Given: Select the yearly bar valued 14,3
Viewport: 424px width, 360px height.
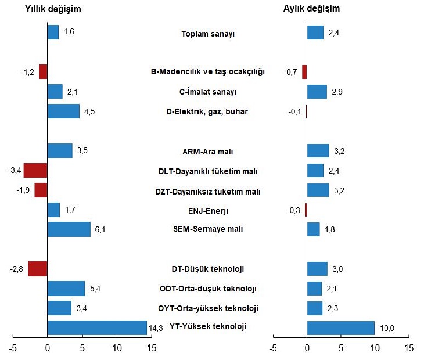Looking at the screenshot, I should pyautogui.click(x=97, y=327).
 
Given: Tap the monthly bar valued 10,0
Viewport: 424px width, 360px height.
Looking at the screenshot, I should pyautogui.click(x=340, y=328).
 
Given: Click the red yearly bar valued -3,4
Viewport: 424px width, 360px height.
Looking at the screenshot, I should pyautogui.click(x=35, y=171).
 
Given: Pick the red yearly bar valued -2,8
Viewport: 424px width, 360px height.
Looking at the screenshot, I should pyautogui.click(x=38, y=269).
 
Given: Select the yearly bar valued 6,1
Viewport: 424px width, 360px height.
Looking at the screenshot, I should pyautogui.click(x=69, y=229).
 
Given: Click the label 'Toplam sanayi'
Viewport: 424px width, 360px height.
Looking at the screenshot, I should pyautogui.click(x=208, y=34).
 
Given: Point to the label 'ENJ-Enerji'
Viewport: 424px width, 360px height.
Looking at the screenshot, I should pyautogui.click(x=208, y=210).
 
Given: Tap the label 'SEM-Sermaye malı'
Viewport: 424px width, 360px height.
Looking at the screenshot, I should pyautogui.click(x=208, y=229).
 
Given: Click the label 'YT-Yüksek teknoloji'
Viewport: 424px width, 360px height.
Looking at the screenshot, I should pyautogui.click(x=208, y=327).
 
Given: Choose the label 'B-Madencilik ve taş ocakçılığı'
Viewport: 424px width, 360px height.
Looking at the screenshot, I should pyautogui.click(x=208, y=72).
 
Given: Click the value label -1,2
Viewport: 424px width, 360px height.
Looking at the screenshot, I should pyautogui.click(x=27, y=73).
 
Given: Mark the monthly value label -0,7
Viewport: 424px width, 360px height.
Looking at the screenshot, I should pyautogui.click(x=291, y=73).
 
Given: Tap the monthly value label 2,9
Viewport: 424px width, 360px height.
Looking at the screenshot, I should pyautogui.click(x=337, y=92).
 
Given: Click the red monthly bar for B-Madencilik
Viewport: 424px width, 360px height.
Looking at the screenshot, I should pyautogui.click(x=304, y=72).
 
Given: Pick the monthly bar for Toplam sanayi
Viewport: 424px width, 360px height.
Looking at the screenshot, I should pyautogui.click(x=315, y=33).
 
